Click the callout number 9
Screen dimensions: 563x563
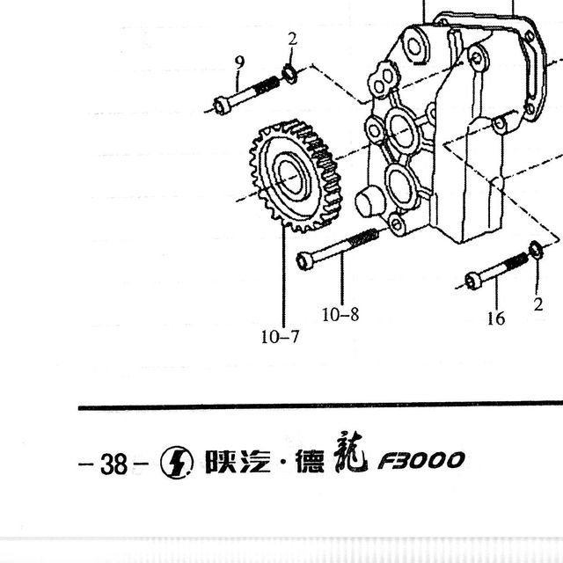(239, 62)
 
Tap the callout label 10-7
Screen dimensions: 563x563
(280, 337)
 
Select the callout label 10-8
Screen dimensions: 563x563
(340, 315)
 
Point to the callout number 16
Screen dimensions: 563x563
(496, 318)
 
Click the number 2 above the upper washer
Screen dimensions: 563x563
(292, 39)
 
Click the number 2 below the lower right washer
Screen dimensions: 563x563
(537, 305)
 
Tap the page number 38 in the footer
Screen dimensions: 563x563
(113, 464)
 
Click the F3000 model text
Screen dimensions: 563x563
(421, 461)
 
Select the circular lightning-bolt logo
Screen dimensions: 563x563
(177, 463)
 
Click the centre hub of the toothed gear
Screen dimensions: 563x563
(291, 176)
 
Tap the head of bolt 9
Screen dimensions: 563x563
(222, 106)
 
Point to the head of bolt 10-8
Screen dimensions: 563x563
(305, 260)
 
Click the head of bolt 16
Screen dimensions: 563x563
(473, 281)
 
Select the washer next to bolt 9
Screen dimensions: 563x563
(289, 74)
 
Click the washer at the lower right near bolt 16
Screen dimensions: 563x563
(536, 250)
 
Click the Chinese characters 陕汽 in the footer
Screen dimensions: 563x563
(238, 461)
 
